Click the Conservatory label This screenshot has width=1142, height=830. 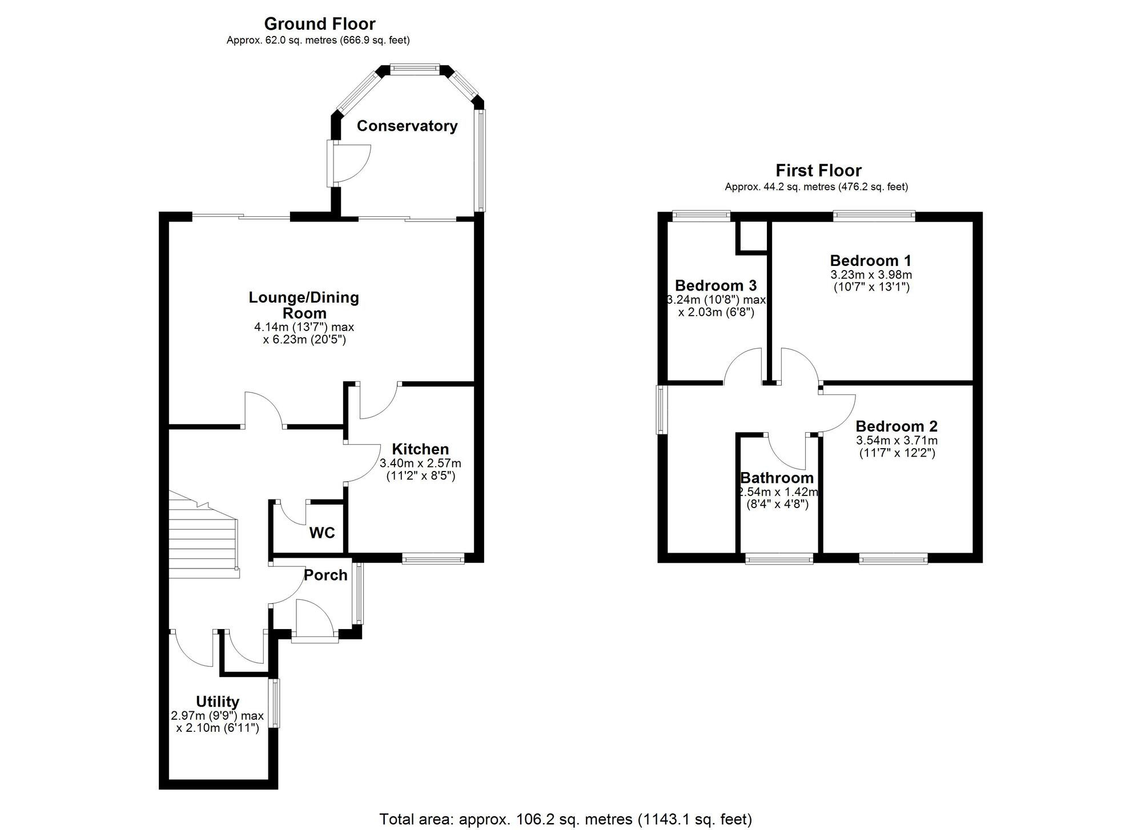click(407, 126)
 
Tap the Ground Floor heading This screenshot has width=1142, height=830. click(319, 24)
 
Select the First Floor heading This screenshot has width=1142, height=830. click(818, 171)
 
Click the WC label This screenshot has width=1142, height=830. click(322, 533)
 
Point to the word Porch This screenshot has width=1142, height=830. click(325, 575)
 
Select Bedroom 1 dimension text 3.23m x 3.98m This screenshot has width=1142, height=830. click(871, 275)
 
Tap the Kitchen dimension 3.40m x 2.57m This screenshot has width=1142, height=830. click(420, 464)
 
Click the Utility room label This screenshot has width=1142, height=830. click(218, 702)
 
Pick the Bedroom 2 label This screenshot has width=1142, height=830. click(896, 426)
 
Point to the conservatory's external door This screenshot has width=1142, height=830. click(349, 163)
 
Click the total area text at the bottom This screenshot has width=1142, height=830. click(565, 820)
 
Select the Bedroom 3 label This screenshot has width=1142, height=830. click(715, 285)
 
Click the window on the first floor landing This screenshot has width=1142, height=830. click(661, 409)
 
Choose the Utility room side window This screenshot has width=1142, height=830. click(275, 703)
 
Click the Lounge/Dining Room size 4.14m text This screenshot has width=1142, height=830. click(304, 328)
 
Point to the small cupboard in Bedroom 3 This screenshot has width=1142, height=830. click(752, 236)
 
